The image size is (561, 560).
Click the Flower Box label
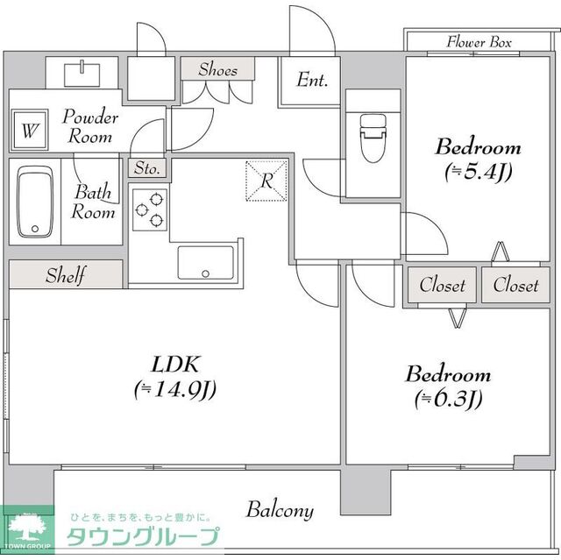click(479, 42)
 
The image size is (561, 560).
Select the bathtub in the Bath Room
click(35, 202)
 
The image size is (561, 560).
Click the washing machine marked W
click(29, 130)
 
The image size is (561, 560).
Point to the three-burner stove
click(150, 210)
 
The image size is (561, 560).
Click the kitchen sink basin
click(205, 263)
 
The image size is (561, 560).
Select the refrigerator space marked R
click(266, 181)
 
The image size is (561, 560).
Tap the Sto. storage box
click(147, 167)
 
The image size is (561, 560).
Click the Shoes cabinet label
click(218, 68)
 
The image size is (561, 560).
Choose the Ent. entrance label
click(312, 80)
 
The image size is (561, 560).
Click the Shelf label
click(66, 275)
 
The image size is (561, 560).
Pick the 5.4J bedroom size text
click(479, 172)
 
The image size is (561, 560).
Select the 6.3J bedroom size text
click(449, 398)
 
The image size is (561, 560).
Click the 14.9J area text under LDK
click(175, 389)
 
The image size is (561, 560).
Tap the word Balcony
click(280, 510)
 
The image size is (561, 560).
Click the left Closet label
click(442, 285)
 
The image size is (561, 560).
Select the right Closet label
click(515, 285)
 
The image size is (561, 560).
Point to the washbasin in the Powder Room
click(82, 74)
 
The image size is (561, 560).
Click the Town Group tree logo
click(27, 528)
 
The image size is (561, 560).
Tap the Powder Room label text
click(90, 126)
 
